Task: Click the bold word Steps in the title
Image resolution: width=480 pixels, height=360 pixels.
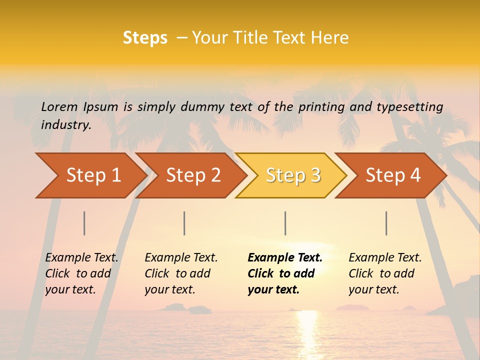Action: (x=145, y=38)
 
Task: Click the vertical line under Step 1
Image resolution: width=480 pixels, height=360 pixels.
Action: (x=84, y=223)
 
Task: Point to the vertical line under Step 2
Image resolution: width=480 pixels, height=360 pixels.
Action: (x=184, y=223)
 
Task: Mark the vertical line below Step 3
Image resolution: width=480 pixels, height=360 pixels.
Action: (x=285, y=223)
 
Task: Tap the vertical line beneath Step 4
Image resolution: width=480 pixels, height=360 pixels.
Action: (x=386, y=223)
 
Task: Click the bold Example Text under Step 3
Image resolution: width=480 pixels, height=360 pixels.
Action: (x=285, y=273)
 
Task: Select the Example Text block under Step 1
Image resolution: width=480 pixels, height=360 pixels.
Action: (x=81, y=273)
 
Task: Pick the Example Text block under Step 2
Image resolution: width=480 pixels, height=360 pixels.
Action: (x=181, y=273)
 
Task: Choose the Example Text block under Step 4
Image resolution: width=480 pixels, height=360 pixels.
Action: (x=385, y=273)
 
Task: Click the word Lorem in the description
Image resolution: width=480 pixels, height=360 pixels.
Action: (x=59, y=106)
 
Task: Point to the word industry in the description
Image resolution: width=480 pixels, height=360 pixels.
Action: (x=65, y=124)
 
